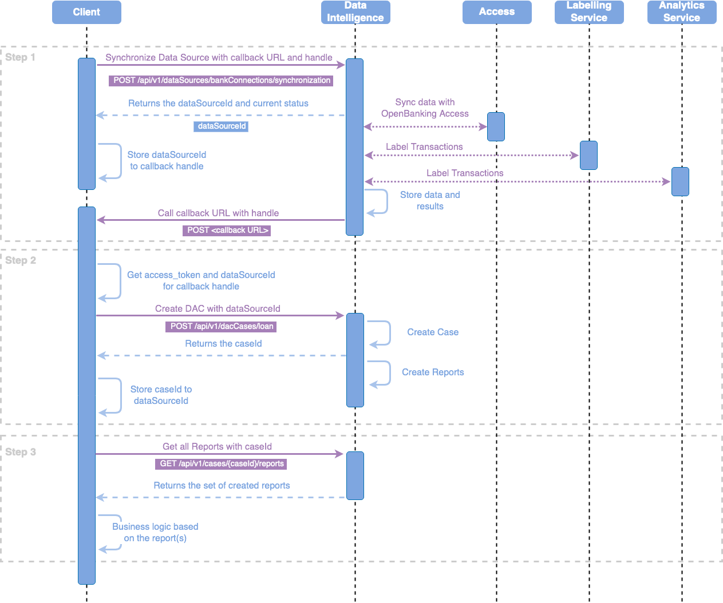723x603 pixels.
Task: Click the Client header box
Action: point(86,12)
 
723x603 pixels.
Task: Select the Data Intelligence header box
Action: point(355,12)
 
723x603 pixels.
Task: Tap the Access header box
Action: point(497,12)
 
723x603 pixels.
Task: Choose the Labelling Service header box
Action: point(589,12)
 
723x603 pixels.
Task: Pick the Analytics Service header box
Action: point(682,12)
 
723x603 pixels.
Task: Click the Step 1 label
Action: point(21,57)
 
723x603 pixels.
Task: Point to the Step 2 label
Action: point(21,260)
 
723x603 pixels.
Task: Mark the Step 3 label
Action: point(21,452)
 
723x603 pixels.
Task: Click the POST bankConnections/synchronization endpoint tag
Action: point(222,81)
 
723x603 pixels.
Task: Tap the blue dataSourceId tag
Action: point(222,126)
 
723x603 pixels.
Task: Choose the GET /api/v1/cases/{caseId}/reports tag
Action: point(222,463)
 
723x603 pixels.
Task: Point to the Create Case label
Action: point(433,332)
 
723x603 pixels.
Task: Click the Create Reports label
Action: point(433,372)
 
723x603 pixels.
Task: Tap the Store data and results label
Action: point(430,201)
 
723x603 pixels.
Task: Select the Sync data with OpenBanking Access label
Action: point(425,108)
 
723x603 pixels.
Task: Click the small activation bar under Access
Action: point(496,126)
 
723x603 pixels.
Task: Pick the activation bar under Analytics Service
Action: point(680,181)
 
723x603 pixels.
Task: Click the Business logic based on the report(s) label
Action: point(155,533)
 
